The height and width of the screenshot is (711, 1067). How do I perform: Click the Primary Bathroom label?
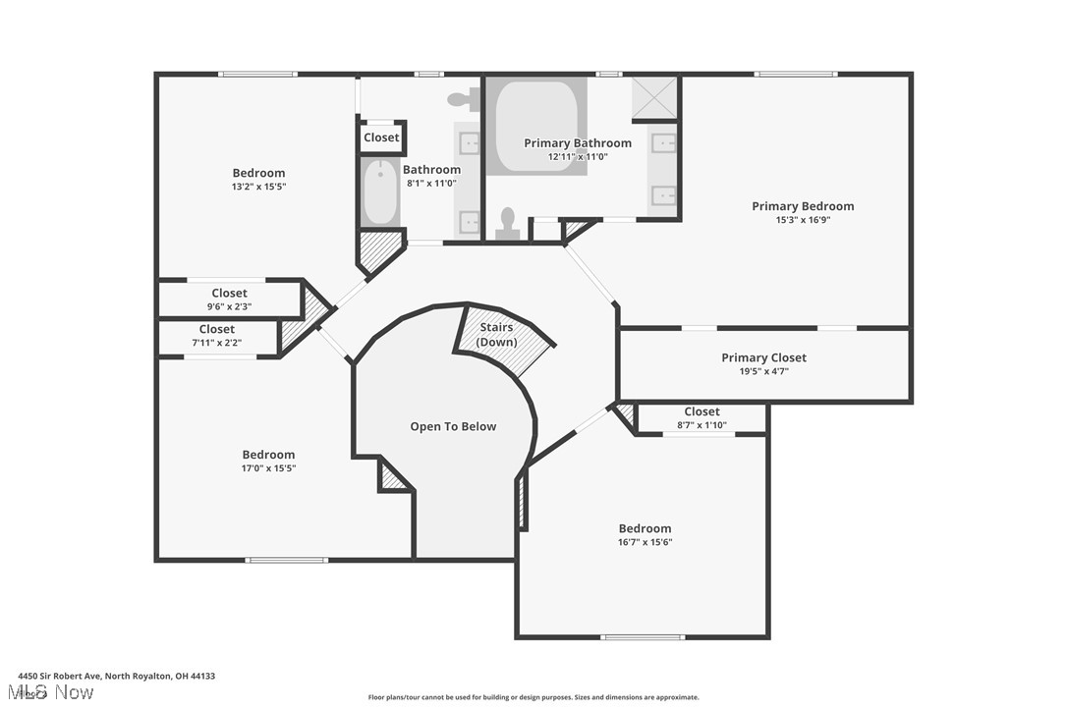[577, 143]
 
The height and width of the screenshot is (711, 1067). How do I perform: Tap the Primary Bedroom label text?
[803, 206]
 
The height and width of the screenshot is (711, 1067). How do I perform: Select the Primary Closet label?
[763, 357]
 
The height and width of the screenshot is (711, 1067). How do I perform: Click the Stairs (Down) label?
[496, 334]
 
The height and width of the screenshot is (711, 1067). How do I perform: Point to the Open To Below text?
[453, 426]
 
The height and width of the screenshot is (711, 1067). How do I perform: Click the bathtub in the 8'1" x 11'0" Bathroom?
[380, 192]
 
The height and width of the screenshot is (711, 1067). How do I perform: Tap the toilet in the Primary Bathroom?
[508, 223]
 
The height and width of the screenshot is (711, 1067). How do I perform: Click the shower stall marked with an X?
[654, 96]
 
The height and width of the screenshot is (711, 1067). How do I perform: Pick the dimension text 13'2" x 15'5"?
[258, 187]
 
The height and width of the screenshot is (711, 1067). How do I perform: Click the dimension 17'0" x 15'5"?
[268, 468]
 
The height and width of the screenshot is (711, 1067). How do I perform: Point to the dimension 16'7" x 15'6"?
[645, 542]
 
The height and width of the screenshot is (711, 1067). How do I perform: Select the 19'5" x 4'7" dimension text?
[763, 371]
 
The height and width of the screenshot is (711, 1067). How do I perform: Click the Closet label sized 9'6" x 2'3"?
[229, 293]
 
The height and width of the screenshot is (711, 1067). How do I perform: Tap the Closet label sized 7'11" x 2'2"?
[216, 329]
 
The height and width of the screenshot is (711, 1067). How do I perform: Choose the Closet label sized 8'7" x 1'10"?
[702, 411]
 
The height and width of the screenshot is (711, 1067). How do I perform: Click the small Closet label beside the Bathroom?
[381, 137]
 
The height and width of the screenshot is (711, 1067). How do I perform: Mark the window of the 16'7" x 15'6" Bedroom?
[642, 637]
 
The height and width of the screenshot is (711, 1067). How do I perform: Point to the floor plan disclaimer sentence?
[533, 697]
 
